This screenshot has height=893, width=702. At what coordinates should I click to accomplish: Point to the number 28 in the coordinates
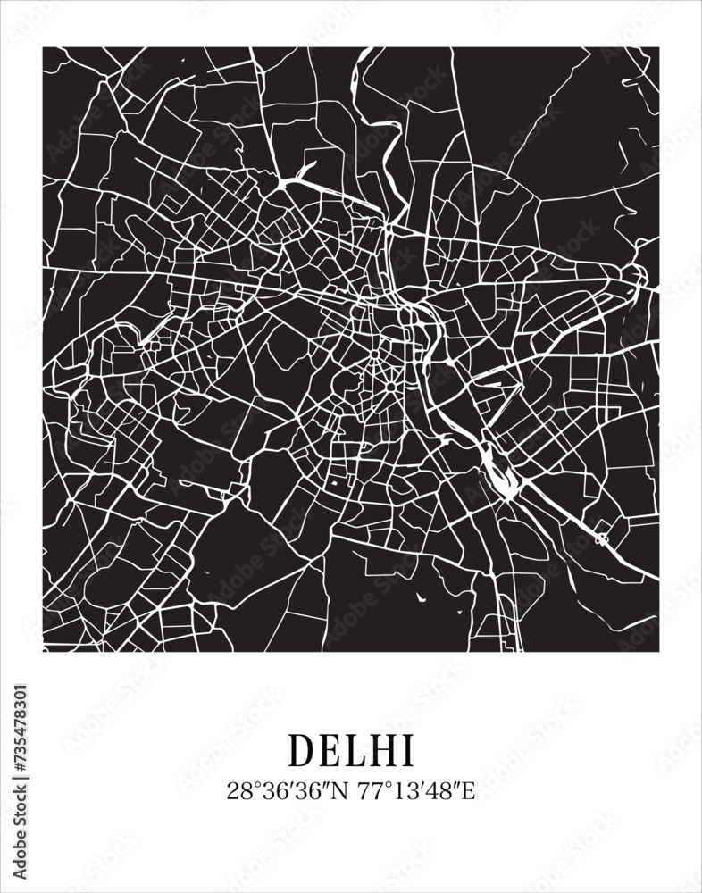click(x=237, y=790)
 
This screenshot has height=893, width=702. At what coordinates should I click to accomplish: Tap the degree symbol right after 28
click(x=250, y=786)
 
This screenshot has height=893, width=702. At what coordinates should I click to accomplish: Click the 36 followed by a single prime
click(x=266, y=790)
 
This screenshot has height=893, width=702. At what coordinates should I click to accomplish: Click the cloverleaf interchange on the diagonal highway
click(x=601, y=539)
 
